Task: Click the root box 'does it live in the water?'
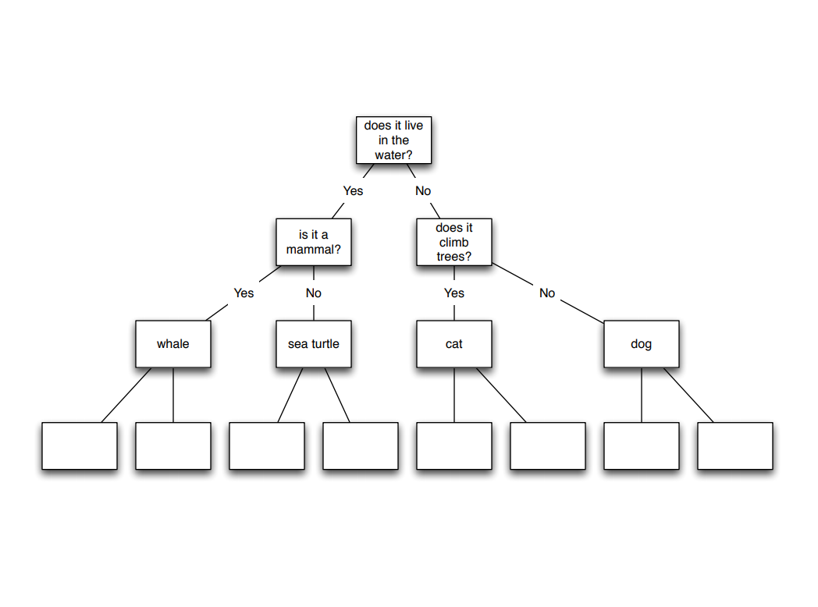point(393,140)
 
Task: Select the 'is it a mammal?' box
point(313,242)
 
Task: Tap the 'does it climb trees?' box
point(453,242)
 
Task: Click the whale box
point(172,343)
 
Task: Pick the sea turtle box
point(313,343)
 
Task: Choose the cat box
point(453,343)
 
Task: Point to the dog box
point(641,343)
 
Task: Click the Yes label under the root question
point(353,191)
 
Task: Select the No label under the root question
point(422,191)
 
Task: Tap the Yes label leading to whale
point(244,293)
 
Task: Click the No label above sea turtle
point(313,293)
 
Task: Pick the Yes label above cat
point(453,293)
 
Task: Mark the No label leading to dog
point(547,293)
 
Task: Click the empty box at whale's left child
point(79,445)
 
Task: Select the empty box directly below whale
point(172,445)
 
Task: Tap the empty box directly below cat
point(453,445)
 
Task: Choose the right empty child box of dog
point(734,445)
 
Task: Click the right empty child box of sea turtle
point(360,445)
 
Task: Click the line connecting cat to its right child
point(501,395)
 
